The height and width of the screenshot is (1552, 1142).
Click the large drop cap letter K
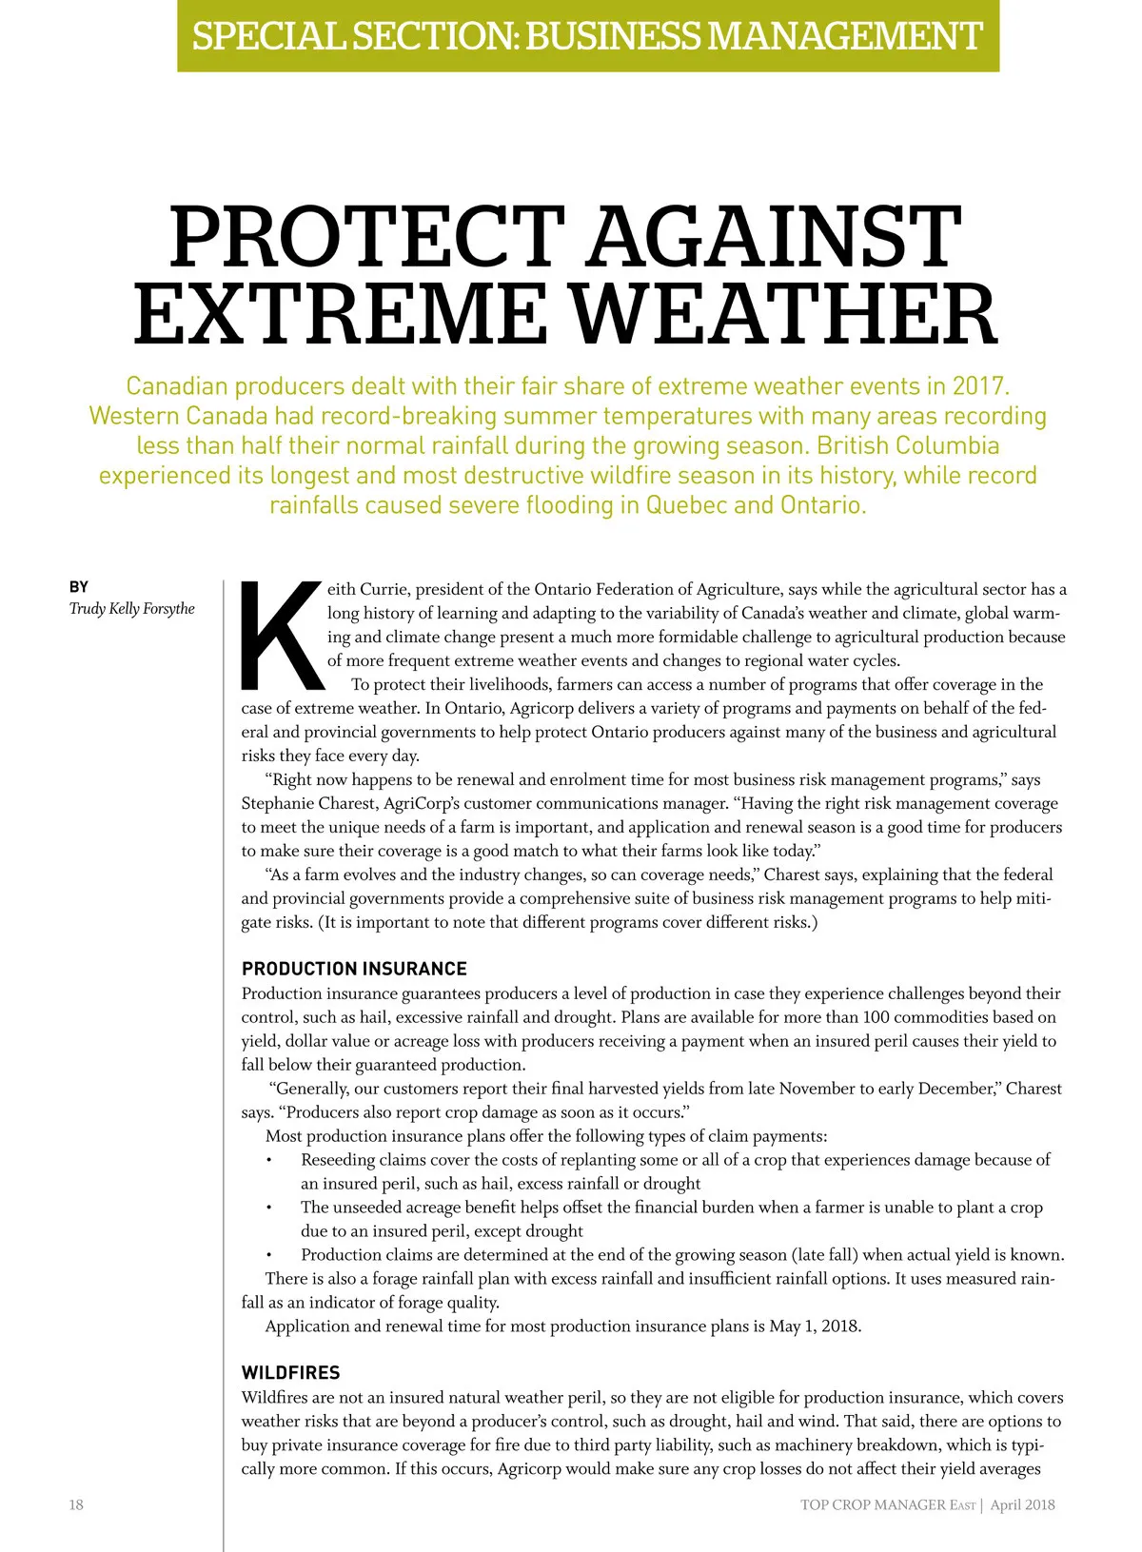coord(282,634)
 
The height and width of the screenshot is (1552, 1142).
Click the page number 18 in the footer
coord(76,1504)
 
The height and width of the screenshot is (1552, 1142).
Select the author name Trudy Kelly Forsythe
coord(131,609)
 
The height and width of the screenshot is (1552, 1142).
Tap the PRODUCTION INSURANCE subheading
coord(354,969)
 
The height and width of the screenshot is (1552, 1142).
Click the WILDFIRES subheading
coord(290,1373)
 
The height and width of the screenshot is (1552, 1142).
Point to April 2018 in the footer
coord(1022,1505)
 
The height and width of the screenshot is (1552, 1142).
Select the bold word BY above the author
coord(79,587)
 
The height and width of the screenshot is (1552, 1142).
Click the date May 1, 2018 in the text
coord(814,1326)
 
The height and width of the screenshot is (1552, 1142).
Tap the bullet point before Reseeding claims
coord(269,1160)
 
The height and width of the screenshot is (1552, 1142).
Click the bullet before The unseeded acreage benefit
coord(269,1208)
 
